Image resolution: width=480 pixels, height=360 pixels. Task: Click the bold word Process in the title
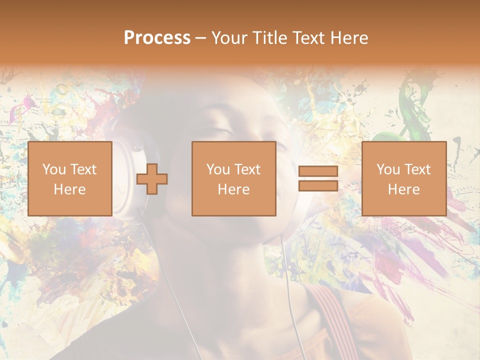[x=157, y=38]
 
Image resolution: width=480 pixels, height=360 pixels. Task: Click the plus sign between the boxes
[x=152, y=179]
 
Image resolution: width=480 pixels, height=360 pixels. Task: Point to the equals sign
[x=318, y=179]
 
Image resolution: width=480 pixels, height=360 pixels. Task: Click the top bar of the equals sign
[x=318, y=171]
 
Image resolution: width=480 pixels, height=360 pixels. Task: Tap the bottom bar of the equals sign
[x=318, y=186]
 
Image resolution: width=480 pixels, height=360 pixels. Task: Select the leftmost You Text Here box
[x=70, y=178]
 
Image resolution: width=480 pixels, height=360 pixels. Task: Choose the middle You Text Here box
[x=233, y=178]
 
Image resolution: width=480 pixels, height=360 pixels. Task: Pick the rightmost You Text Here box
[x=403, y=178]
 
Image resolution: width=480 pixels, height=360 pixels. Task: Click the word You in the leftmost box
[x=53, y=169]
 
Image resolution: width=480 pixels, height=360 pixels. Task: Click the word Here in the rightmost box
[x=403, y=189]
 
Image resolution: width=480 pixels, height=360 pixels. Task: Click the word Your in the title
[x=229, y=38]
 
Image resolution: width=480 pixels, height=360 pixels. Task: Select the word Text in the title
[x=306, y=38]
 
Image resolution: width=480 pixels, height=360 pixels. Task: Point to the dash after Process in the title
[x=200, y=38]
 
